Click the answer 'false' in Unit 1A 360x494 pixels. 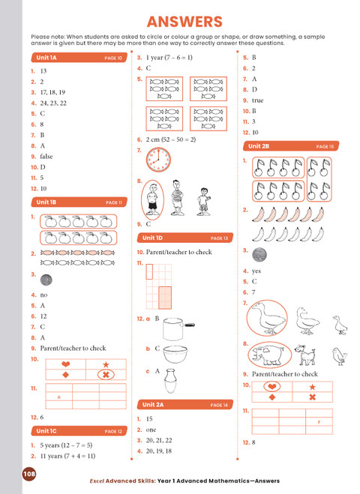49,156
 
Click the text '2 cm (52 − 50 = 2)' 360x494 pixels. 170,139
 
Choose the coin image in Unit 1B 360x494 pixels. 46,278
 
